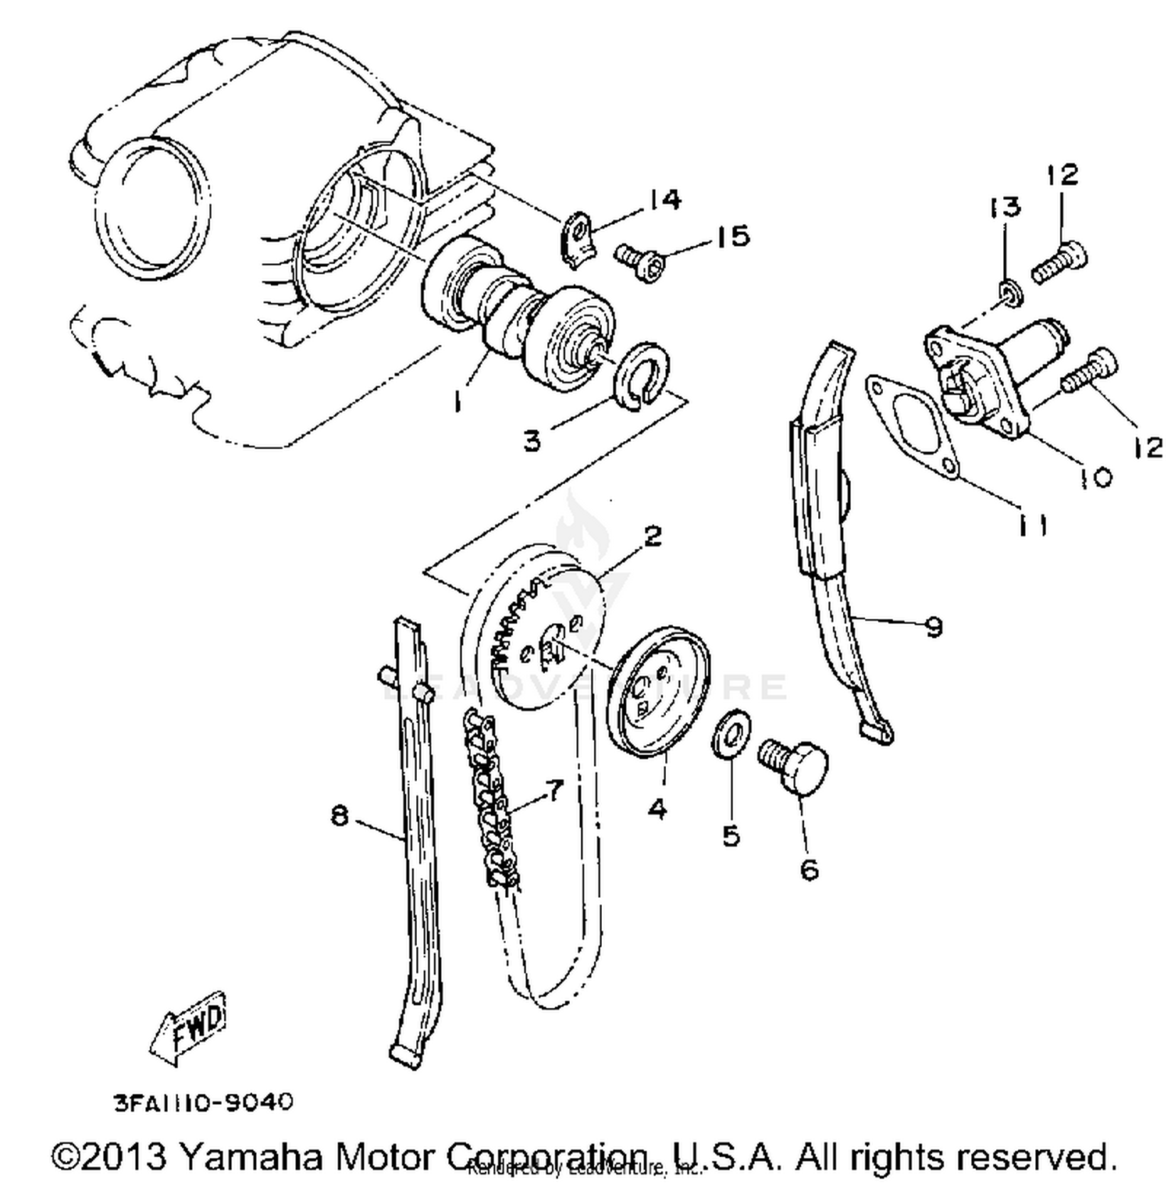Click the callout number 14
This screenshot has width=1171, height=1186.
click(664, 200)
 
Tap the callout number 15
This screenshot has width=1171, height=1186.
click(732, 235)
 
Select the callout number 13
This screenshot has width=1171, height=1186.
click(1005, 207)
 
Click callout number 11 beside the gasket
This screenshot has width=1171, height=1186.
click(1031, 526)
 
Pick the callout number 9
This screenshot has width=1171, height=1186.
click(933, 625)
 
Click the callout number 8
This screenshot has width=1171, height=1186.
click(340, 817)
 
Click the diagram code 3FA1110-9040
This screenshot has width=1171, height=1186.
click(204, 1102)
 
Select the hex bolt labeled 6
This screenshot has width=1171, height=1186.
click(793, 766)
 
